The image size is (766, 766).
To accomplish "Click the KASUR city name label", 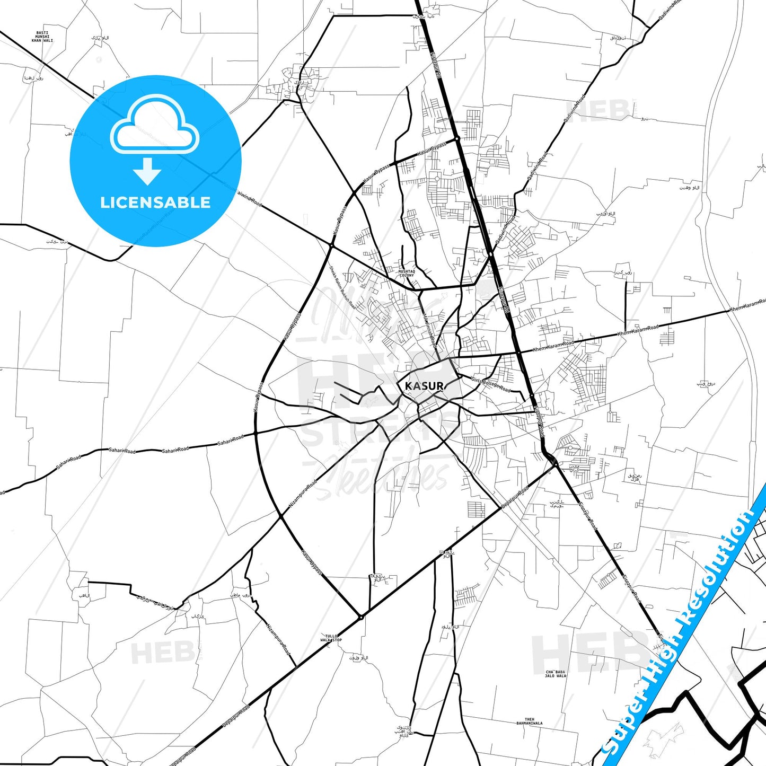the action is pos(424,386).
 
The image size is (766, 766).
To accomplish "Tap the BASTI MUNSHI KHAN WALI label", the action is pos(42,37).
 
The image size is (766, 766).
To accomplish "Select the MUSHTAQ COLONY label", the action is pos(407,273).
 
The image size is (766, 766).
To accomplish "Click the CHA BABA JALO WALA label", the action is pos(556,674).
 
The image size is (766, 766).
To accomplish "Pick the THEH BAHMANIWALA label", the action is pos(530,721).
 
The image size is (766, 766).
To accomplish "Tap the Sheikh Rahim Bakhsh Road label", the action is pos(342,288).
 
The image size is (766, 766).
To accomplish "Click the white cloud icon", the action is pos(155,127).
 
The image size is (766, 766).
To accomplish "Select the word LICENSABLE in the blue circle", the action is pos(155,202).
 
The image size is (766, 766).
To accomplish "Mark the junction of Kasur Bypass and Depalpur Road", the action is pos(360,617).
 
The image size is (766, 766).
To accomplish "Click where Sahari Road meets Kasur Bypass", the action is pos(256,433).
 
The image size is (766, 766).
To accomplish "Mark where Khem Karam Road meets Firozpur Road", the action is pos(518,352).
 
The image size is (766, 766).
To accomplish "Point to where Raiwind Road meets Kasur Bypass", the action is pos(332,245).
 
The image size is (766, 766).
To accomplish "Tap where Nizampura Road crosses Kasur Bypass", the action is pos(280,515).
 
